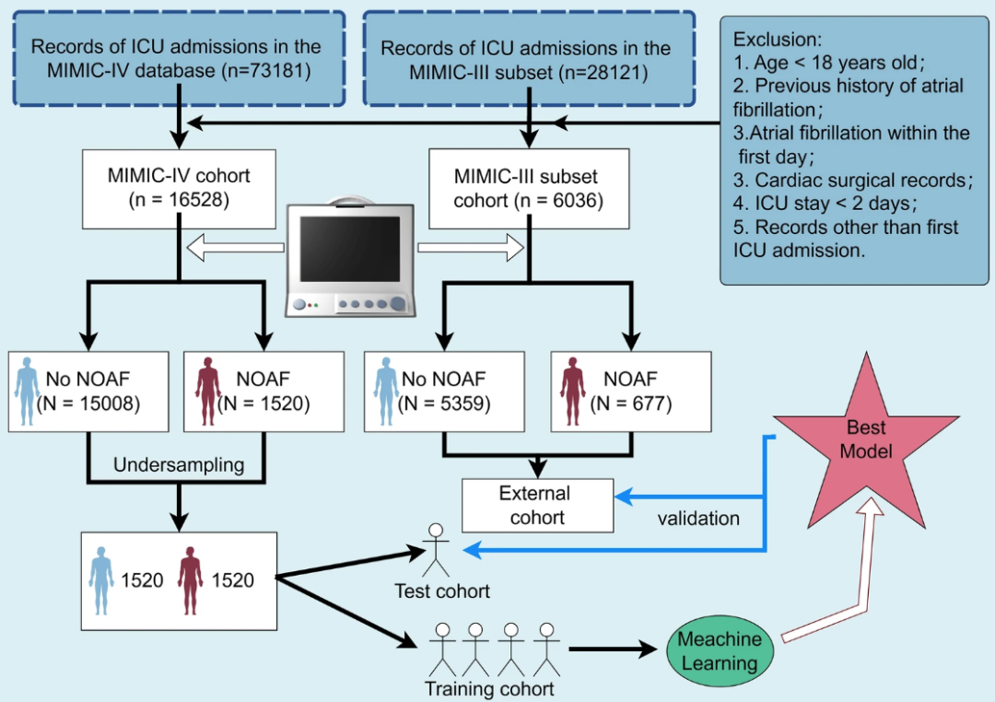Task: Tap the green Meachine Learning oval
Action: click(720, 650)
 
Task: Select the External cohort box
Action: click(537, 505)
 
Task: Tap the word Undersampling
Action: click(179, 465)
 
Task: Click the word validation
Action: click(698, 519)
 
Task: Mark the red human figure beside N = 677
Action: click(573, 391)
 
